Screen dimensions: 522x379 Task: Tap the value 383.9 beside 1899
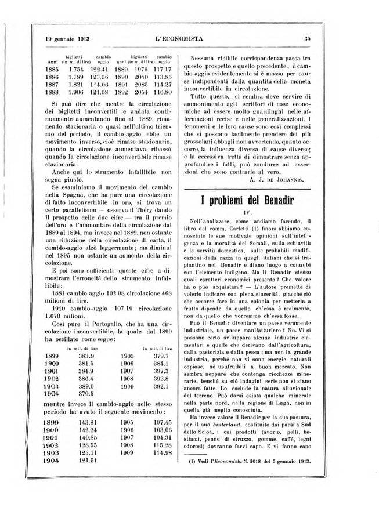click(x=86, y=356)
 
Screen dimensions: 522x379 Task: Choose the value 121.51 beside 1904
click(x=87, y=461)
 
